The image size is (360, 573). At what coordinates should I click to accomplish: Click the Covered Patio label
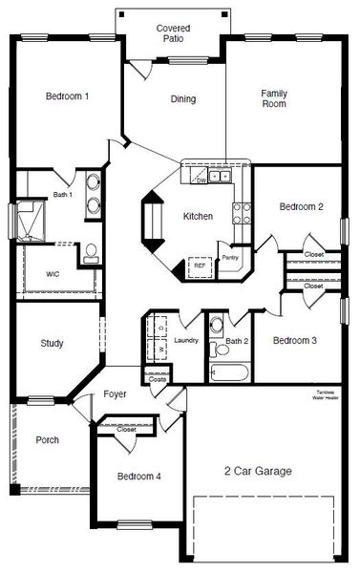(173, 34)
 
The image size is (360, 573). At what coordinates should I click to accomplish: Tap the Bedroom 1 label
(67, 96)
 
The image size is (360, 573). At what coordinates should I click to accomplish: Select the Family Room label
(275, 98)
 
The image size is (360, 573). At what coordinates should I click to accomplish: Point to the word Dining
(183, 99)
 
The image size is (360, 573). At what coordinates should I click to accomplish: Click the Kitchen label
(199, 217)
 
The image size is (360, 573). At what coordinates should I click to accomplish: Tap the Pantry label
(229, 258)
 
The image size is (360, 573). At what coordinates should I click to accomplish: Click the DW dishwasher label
(201, 179)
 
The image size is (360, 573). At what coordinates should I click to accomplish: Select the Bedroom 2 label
(301, 207)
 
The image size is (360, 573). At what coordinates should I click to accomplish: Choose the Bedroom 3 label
(294, 341)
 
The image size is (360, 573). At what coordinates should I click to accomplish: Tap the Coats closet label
(159, 380)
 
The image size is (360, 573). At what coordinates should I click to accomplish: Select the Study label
(52, 344)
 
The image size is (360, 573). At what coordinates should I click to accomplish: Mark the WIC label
(53, 274)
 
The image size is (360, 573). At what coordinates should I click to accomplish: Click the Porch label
(48, 440)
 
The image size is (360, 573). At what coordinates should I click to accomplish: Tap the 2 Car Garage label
(258, 471)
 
